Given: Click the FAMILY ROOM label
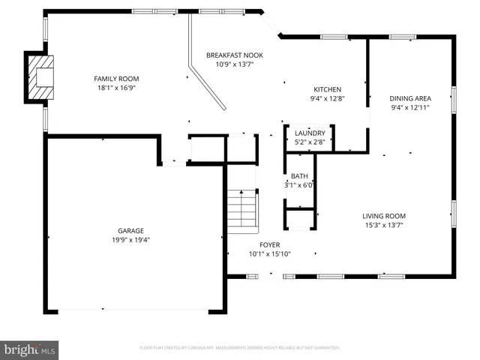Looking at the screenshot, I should pyautogui.click(x=116, y=79).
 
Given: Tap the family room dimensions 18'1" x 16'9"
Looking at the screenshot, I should pyautogui.click(x=116, y=88).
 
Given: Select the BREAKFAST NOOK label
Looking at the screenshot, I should pyautogui.click(x=234, y=55).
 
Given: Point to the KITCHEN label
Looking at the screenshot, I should pyautogui.click(x=327, y=88).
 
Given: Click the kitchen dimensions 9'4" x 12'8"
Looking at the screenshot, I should pyautogui.click(x=327, y=97).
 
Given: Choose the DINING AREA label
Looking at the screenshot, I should pyautogui.click(x=409, y=98).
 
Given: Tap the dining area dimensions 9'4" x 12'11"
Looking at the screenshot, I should pyautogui.click(x=409, y=107).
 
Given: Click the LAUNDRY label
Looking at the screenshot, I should pyautogui.click(x=310, y=133).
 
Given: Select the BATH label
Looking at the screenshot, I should pyautogui.click(x=299, y=176).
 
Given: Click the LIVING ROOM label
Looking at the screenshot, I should pyautogui.click(x=384, y=216).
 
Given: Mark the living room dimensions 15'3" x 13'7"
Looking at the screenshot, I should pyautogui.click(x=384, y=225).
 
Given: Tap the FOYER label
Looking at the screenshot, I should pyautogui.click(x=269, y=245).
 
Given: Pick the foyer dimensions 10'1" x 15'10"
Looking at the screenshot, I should pyautogui.click(x=269, y=254).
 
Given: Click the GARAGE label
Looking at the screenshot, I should pyautogui.click(x=130, y=231).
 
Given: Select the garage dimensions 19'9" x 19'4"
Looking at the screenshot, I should pyautogui.click(x=130, y=240).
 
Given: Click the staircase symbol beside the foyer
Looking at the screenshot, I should pyautogui.click(x=242, y=208).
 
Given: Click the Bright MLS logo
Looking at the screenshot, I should pyautogui.click(x=29, y=349).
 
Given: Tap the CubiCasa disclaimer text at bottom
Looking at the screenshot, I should pyautogui.click(x=240, y=348).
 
